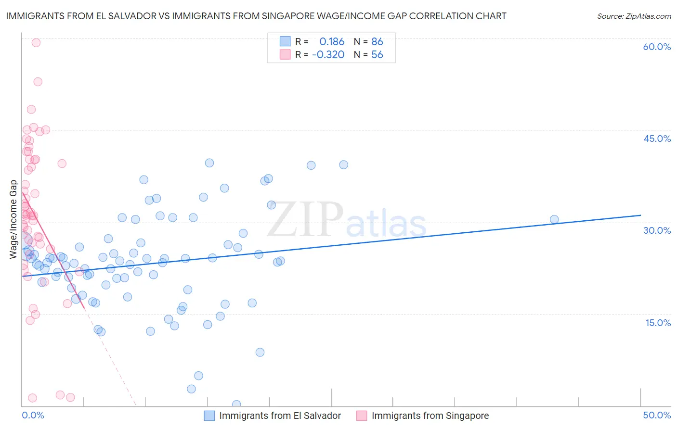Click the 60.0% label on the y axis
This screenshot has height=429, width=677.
[657, 47]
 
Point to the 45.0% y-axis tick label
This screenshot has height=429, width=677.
[657, 139]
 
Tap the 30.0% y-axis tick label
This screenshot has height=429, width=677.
[657, 230]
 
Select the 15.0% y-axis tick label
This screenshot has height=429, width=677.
[658, 322]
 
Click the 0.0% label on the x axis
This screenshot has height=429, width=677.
[33, 415]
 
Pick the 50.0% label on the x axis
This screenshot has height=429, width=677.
[657, 415]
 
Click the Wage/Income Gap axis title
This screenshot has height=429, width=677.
[13, 219]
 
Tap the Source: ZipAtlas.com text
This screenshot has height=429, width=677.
[634, 16]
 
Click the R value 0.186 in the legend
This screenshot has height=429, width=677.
[332, 42]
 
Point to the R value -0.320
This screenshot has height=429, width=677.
[328, 55]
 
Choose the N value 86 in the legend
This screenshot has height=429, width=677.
[377, 42]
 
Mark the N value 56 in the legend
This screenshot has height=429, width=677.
[377, 55]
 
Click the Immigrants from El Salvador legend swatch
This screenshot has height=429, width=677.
[209, 416]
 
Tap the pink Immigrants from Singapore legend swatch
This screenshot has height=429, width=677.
[362, 416]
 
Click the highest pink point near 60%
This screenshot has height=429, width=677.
[36, 42]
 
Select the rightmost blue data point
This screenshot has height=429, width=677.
[554, 219]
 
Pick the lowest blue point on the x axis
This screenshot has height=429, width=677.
[236, 404]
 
